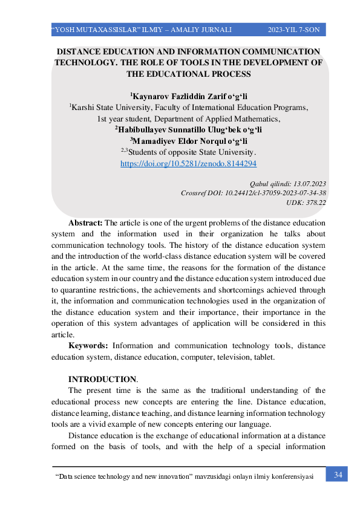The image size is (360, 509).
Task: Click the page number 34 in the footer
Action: coord(338,475)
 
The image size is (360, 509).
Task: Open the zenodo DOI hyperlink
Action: coord(188,163)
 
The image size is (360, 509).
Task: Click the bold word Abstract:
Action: coord(85,223)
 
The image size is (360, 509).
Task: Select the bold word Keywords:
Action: coord(88,346)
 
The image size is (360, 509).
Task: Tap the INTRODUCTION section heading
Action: coord(102,379)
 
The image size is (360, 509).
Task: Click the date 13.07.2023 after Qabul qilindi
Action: coord(310,183)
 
